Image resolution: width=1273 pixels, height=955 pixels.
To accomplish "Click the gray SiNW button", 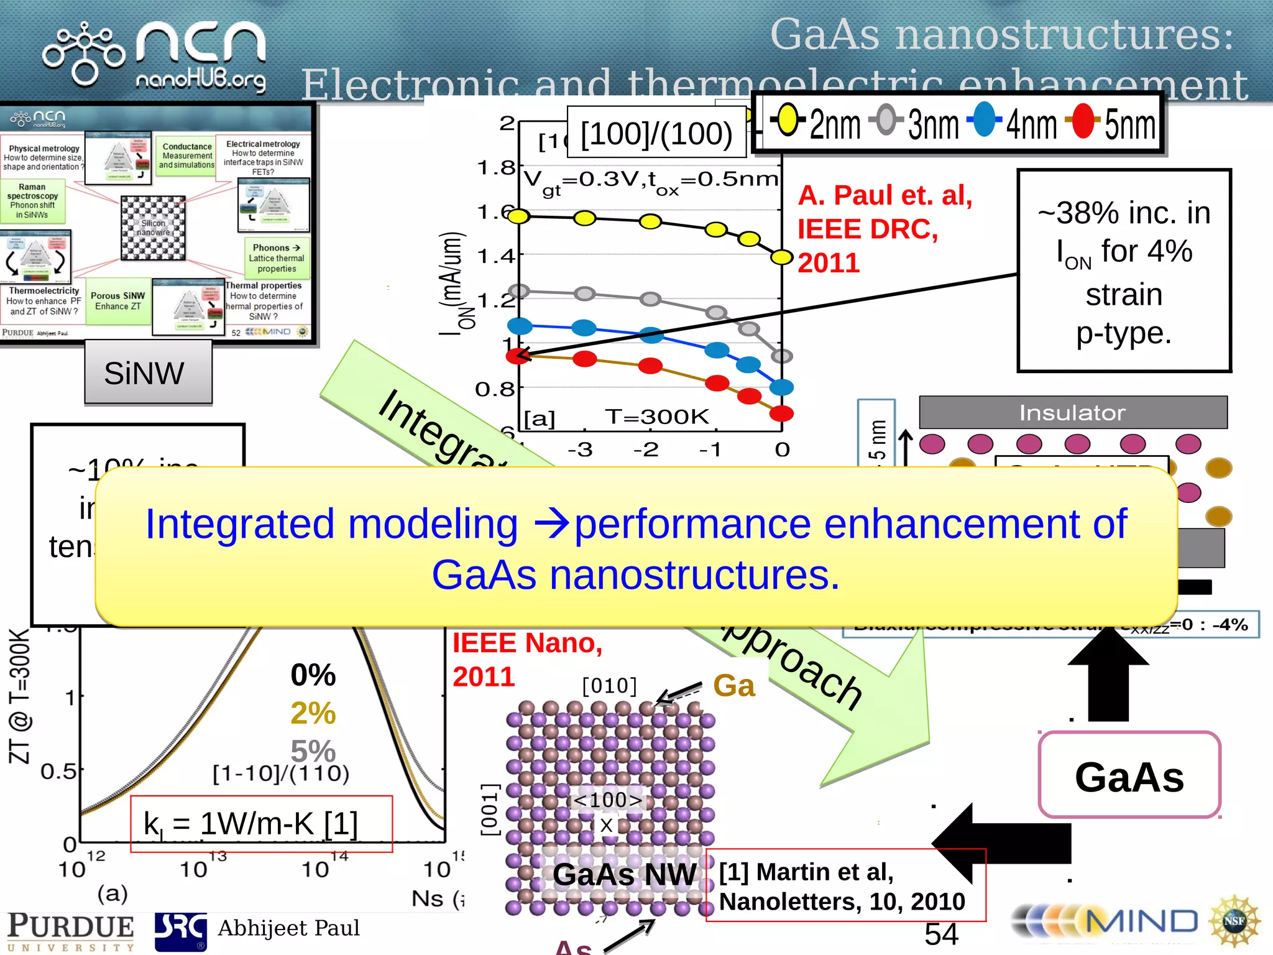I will [x=148, y=373].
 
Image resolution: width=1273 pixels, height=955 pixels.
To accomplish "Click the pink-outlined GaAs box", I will [x=1129, y=775].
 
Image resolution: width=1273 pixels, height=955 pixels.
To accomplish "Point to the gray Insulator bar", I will [x=1073, y=412].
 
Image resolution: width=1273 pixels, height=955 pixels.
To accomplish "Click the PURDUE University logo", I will [x=70, y=931].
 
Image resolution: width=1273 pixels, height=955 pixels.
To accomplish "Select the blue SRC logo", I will [x=180, y=931].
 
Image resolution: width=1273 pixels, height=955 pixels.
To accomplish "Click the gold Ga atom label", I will [x=734, y=686].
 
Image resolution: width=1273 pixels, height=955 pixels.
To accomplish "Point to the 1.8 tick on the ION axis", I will [x=497, y=168].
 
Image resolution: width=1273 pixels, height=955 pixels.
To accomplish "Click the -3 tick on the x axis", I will [x=580, y=450].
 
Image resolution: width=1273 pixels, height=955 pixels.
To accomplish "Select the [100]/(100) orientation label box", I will [x=656, y=133].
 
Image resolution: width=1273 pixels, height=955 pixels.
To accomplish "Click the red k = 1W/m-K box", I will [x=261, y=824].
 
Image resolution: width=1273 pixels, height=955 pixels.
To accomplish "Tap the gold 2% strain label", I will [x=313, y=713].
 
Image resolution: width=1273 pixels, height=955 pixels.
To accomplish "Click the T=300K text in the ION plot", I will [x=656, y=417].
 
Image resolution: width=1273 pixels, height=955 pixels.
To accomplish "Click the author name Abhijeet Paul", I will [x=288, y=928].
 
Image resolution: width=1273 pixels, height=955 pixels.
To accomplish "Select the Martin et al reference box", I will [x=845, y=885].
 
